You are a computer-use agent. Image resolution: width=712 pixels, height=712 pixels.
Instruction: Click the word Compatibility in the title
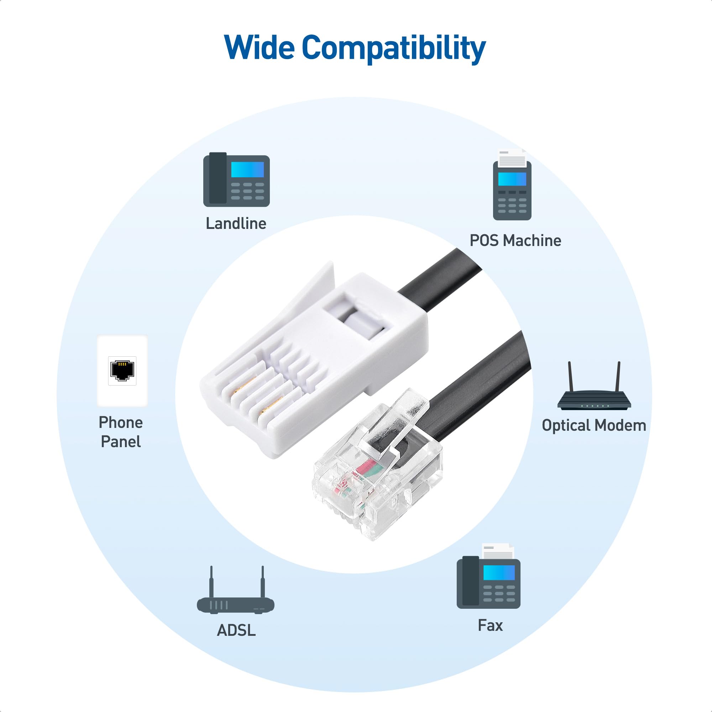(x=394, y=49)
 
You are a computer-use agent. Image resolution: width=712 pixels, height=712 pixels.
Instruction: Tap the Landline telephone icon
(x=237, y=179)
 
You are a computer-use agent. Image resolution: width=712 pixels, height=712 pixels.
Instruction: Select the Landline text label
(x=236, y=223)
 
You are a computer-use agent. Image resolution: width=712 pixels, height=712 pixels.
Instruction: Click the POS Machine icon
(x=512, y=185)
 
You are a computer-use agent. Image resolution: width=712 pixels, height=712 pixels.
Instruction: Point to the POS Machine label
(x=515, y=240)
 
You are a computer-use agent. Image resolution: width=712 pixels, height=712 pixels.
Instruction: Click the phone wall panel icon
(x=122, y=371)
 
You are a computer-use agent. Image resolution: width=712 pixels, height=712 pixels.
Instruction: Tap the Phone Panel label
(x=121, y=432)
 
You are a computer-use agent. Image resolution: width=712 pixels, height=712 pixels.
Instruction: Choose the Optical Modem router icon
(x=594, y=386)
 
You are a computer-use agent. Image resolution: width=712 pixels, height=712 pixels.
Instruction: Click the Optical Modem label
(x=594, y=425)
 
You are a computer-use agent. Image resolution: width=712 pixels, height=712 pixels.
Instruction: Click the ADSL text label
(x=236, y=630)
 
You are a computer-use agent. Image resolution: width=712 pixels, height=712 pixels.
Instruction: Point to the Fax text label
(x=490, y=625)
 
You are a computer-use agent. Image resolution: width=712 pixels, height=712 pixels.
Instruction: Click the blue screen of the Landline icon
(x=248, y=169)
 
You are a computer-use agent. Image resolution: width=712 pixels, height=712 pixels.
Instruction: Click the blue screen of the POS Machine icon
(x=512, y=179)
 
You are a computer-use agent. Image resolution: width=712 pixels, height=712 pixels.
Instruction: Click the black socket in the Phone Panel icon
(x=122, y=370)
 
